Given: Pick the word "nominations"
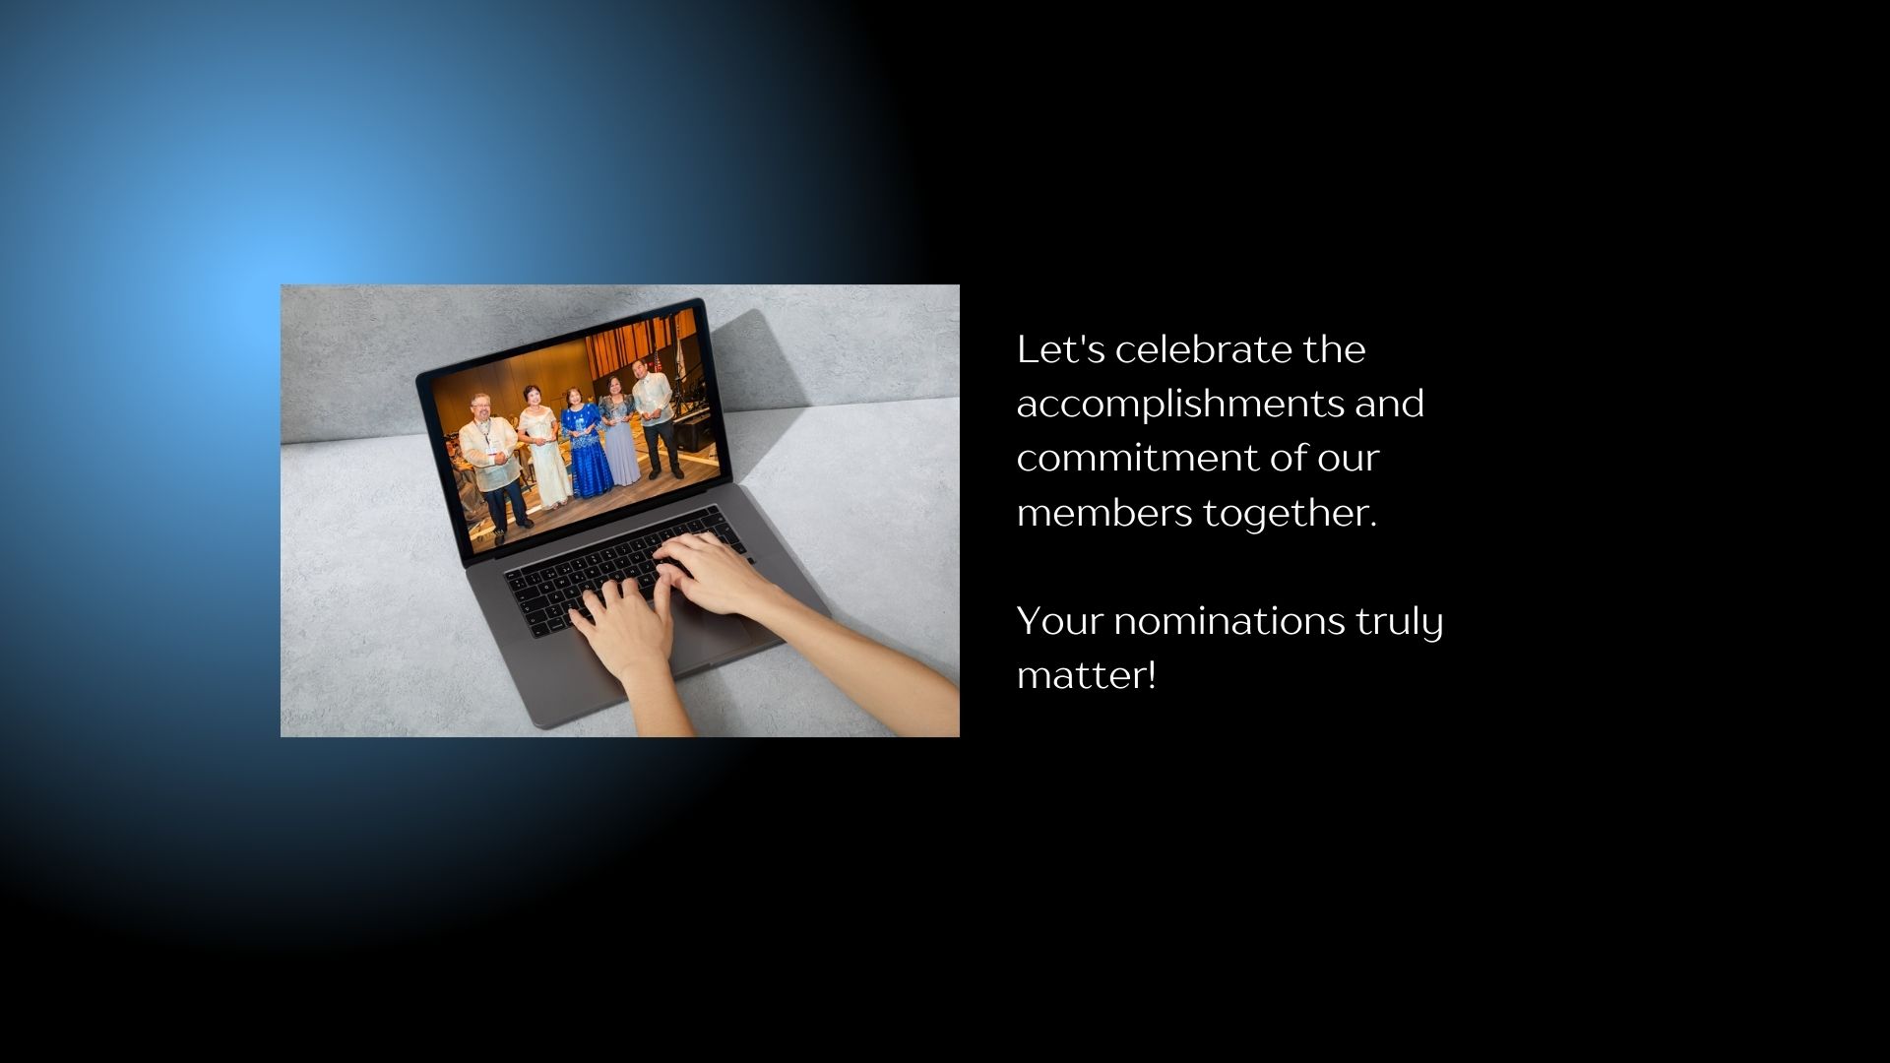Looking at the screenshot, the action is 1229,621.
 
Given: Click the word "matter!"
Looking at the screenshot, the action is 1087,676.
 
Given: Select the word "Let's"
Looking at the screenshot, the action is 1060,349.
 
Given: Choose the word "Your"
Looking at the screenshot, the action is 1059,621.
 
